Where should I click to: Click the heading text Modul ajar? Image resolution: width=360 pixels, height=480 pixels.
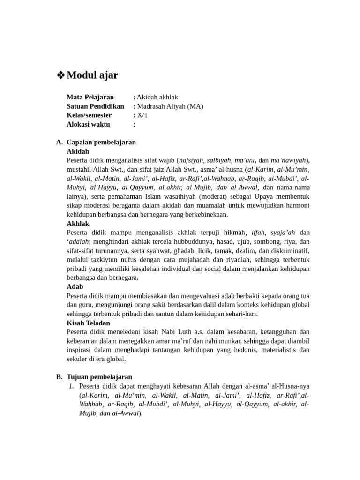coord(92,75)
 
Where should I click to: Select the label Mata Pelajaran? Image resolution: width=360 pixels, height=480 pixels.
coord(90,97)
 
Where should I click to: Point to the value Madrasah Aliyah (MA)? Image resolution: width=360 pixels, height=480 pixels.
coord(170,106)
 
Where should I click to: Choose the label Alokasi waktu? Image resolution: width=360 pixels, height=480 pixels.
coord(88,124)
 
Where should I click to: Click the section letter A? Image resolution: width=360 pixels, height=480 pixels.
coord(59,142)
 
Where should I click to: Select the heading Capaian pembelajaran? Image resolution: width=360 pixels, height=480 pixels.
coord(101,142)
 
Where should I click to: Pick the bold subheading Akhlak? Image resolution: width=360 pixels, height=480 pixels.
coord(78,224)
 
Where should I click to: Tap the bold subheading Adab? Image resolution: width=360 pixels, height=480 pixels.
coord(75,286)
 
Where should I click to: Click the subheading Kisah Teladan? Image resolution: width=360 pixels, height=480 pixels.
coord(89,323)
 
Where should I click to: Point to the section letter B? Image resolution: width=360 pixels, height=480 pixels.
coord(59,377)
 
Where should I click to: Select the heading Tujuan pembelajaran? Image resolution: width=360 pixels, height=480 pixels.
coord(99,377)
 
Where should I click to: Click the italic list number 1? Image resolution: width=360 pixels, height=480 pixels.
coord(71,386)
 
